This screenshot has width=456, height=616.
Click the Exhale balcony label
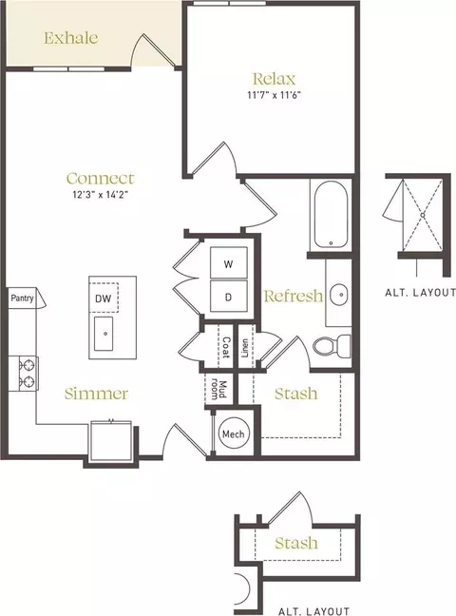[70, 38]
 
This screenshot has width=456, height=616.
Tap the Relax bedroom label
[274, 79]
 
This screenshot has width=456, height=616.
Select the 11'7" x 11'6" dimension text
[274, 95]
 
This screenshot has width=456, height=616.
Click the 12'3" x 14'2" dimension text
[100, 195]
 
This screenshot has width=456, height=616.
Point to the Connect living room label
[100, 179]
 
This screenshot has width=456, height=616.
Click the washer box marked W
[229, 262]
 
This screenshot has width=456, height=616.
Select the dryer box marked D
[229, 297]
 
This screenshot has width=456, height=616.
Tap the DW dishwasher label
[104, 298]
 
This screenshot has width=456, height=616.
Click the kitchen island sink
[104, 334]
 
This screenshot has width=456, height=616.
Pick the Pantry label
[23, 298]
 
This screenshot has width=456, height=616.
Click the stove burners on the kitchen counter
[28, 374]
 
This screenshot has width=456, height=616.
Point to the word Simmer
[96, 394]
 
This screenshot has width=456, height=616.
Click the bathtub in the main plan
[331, 215]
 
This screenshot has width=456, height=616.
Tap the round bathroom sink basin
[338, 294]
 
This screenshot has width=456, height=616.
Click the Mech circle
[234, 434]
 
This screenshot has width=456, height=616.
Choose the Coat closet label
[225, 347]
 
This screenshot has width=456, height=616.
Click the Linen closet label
[245, 348]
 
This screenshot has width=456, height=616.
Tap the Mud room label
[218, 389]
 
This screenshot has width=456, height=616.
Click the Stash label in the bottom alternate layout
[296, 543]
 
